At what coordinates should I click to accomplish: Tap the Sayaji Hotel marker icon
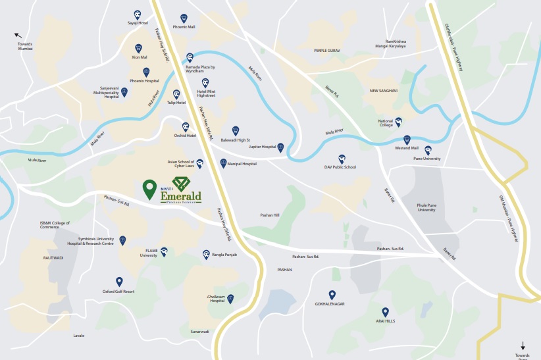(x=137, y=14)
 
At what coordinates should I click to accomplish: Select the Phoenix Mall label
(x=184, y=27)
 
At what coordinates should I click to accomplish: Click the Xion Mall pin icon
(x=138, y=48)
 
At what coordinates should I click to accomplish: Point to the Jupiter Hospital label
(x=262, y=146)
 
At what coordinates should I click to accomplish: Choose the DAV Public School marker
(x=342, y=159)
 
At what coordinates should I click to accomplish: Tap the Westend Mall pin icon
(x=407, y=140)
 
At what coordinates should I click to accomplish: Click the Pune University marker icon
(x=428, y=150)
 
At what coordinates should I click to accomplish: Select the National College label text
(x=386, y=123)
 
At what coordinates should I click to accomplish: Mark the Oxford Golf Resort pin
(x=119, y=282)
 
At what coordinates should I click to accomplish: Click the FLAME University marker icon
(x=164, y=251)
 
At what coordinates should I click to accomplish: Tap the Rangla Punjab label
(x=224, y=255)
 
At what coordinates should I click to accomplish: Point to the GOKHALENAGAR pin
(x=332, y=295)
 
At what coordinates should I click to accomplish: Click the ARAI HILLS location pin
(x=386, y=312)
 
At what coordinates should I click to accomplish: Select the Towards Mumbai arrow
(x=18, y=36)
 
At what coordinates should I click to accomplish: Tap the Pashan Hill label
(x=270, y=215)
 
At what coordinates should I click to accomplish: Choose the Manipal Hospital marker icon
(x=223, y=162)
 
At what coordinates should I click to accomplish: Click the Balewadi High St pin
(x=236, y=130)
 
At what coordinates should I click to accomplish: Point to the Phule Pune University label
(x=426, y=207)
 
